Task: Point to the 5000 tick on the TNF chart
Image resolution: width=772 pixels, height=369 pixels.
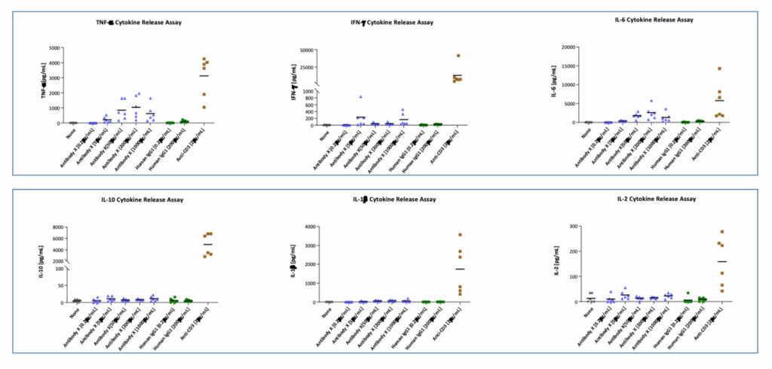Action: point(54,47)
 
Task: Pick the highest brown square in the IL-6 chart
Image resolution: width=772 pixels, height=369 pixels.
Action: point(719,69)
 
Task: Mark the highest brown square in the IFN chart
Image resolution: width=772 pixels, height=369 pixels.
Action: point(458,56)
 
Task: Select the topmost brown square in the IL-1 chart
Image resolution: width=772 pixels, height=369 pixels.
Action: point(460,235)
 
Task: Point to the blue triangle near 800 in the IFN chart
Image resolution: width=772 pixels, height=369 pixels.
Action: point(361,97)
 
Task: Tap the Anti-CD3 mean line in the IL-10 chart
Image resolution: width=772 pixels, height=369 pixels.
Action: point(208,245)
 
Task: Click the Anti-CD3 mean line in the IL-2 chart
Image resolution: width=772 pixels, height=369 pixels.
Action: point(721,261)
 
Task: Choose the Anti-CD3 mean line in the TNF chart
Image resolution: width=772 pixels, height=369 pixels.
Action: point(204,75)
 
